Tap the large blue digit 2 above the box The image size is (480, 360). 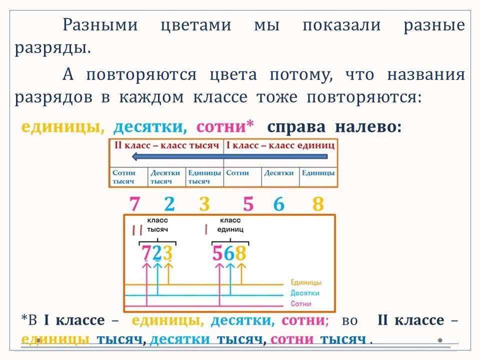coord(169,204)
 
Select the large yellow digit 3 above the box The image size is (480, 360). coord(204,204)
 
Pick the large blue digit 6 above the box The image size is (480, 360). coord(279,204)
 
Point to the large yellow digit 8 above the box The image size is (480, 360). coord(318,204)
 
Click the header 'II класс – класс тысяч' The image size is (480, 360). coord(166,145)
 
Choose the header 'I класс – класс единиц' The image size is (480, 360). coord(280,145)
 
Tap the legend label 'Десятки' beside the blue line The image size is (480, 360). coord(304,293)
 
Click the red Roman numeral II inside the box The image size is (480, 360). coord(137,230)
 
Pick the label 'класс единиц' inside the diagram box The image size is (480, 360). coord(230,224)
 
